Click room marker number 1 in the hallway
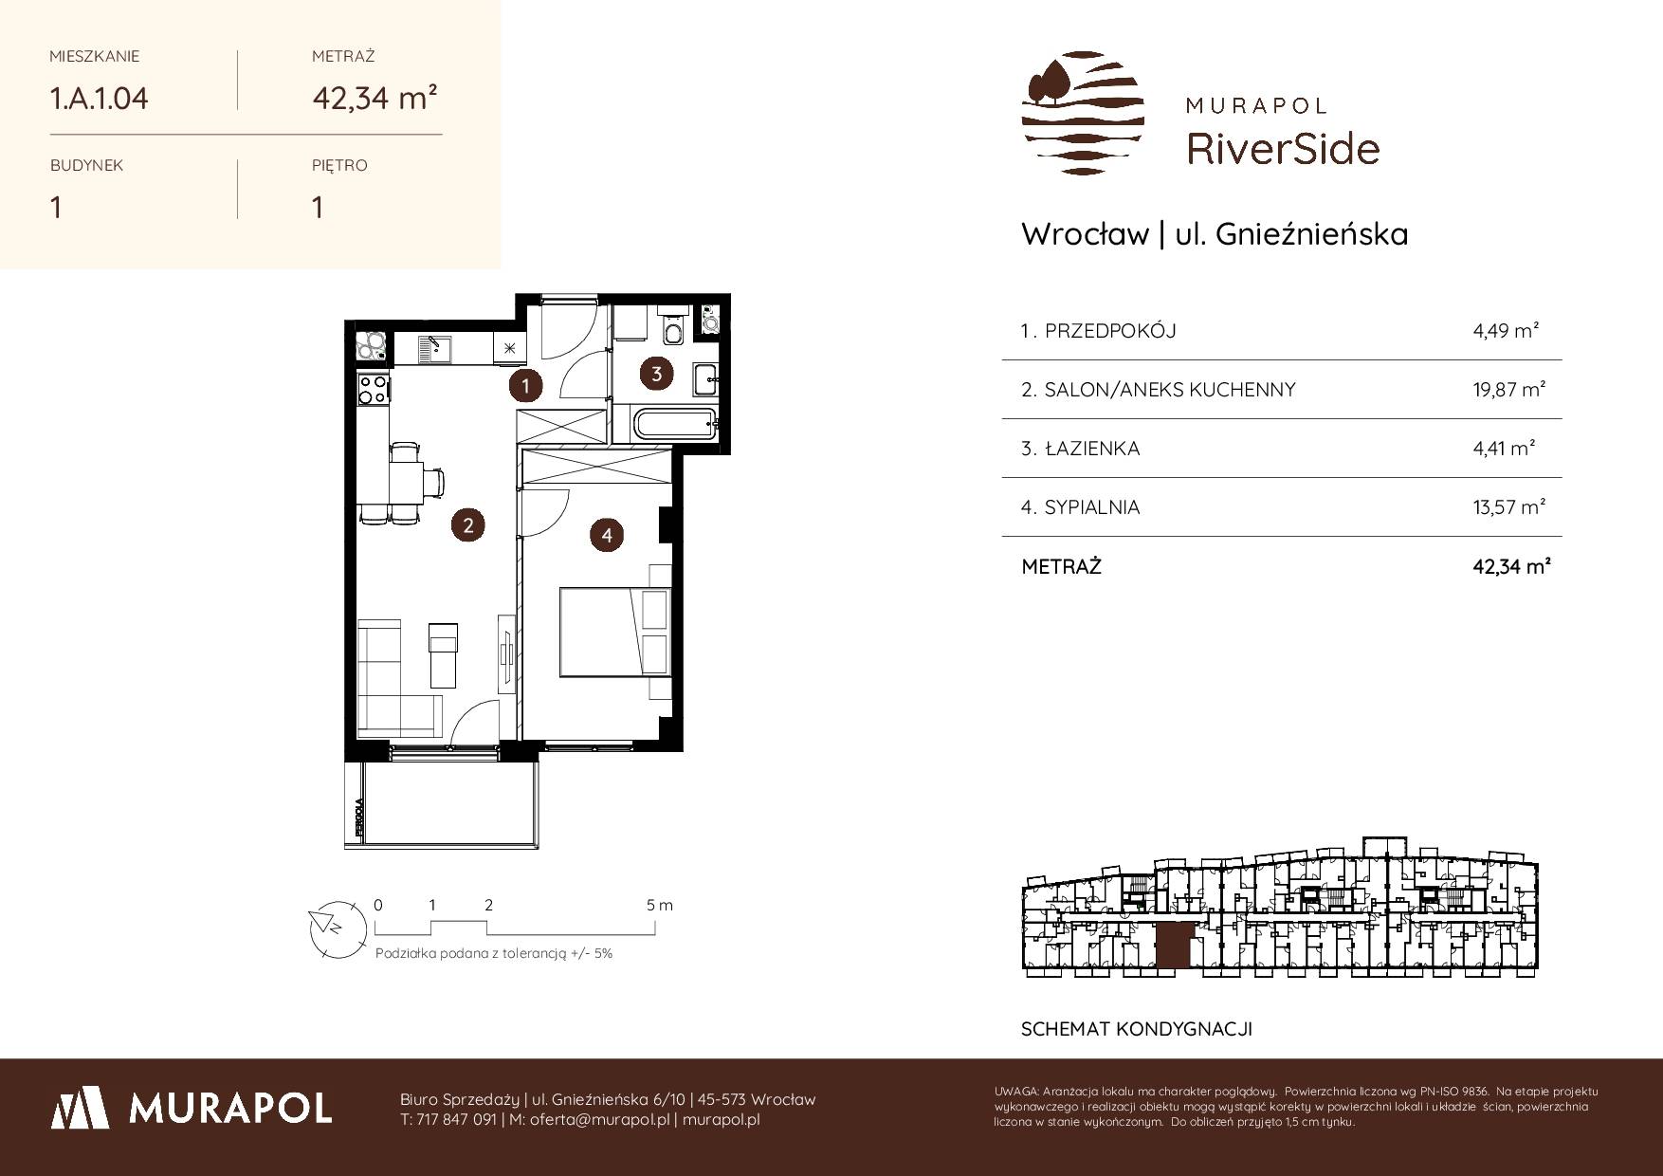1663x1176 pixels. click(x=524, y=385)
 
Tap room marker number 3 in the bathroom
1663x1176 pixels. click(x=657, y=373)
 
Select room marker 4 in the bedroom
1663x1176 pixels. click(x=607, y=535)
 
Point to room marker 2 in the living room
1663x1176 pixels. click(x=468, y=524)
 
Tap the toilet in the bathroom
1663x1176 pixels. click(x=673, y=328)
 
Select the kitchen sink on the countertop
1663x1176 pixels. click(x=436, y=349)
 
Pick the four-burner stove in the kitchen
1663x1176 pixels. click(x=373, y=388)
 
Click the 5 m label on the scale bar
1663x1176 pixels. click(x=660, y=906)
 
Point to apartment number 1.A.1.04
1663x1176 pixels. click(x=100, y=99)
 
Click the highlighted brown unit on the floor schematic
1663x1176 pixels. click(x=1172, y=946)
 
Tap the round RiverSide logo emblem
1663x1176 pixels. click(x=1083, y=113)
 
